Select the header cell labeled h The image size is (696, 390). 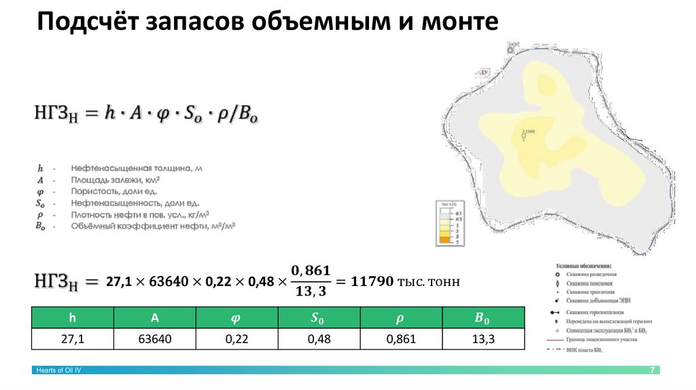pos(72,318)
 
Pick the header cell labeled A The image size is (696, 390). pos(154,318)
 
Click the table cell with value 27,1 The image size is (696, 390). pos(72,339)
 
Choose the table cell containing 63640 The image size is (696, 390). pos(154,339)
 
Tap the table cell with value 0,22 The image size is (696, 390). pos(237,339)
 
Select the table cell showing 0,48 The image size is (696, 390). pos(319,339)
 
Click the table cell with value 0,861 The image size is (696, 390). pos(401,339)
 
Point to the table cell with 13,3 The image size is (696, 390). pos(483,339)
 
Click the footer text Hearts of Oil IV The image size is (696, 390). pos(58,370)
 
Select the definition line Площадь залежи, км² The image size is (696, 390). pos(116,180)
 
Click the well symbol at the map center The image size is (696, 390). pos(523,137)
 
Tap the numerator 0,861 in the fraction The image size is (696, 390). pos(311,271)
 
